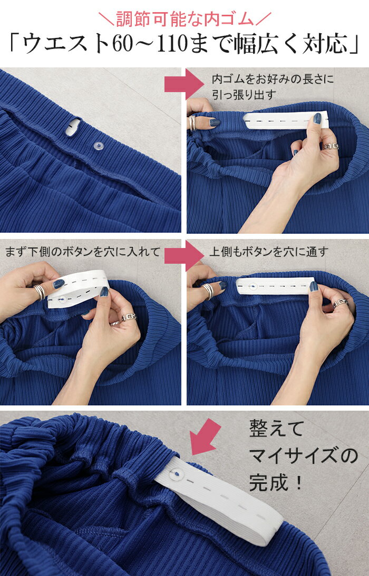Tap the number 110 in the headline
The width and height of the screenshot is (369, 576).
[x=174, y=44]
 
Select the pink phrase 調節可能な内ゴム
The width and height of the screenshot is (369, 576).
[x=184, y=19]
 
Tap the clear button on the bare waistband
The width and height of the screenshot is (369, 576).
[x=98, y=146]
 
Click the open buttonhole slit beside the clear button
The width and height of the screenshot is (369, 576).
[x=72, y=127]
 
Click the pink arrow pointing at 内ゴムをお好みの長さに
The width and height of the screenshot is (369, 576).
[x=183, y=84]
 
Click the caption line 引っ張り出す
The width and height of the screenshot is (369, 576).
[x=244, y=95]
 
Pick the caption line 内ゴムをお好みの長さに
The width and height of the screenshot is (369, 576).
[x=273, y=79]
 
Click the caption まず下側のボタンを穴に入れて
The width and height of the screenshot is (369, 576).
[x=83, y=252]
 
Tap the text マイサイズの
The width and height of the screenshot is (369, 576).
[x=304, y=455]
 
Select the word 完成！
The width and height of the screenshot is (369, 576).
[x=276, y=482]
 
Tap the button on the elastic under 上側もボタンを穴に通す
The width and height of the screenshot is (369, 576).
[x=253, y=285]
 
